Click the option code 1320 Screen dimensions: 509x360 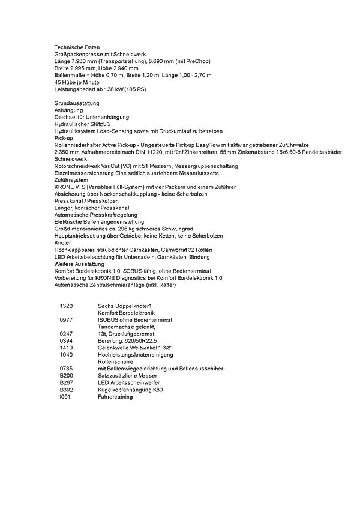click(x=66, y=306)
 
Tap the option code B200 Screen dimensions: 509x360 click(x=66, y=375)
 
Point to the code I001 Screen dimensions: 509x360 click(x=65, y=397)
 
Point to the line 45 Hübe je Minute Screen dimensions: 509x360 click(x=77, y=83)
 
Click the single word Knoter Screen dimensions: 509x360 click(x=63, y=242)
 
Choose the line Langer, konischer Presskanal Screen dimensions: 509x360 click(x=91, y=208)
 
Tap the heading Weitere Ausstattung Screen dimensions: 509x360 click(x=79, y=264)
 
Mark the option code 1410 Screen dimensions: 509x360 click(x=66, y=348)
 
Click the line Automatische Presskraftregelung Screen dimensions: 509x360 click(x=96, y=215)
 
